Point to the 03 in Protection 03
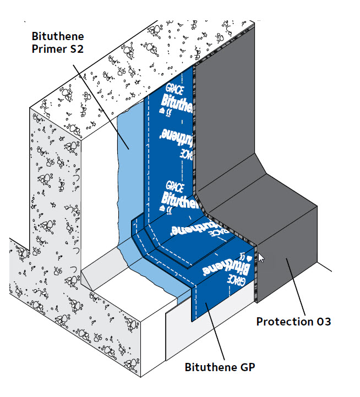(x=324, y=321)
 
